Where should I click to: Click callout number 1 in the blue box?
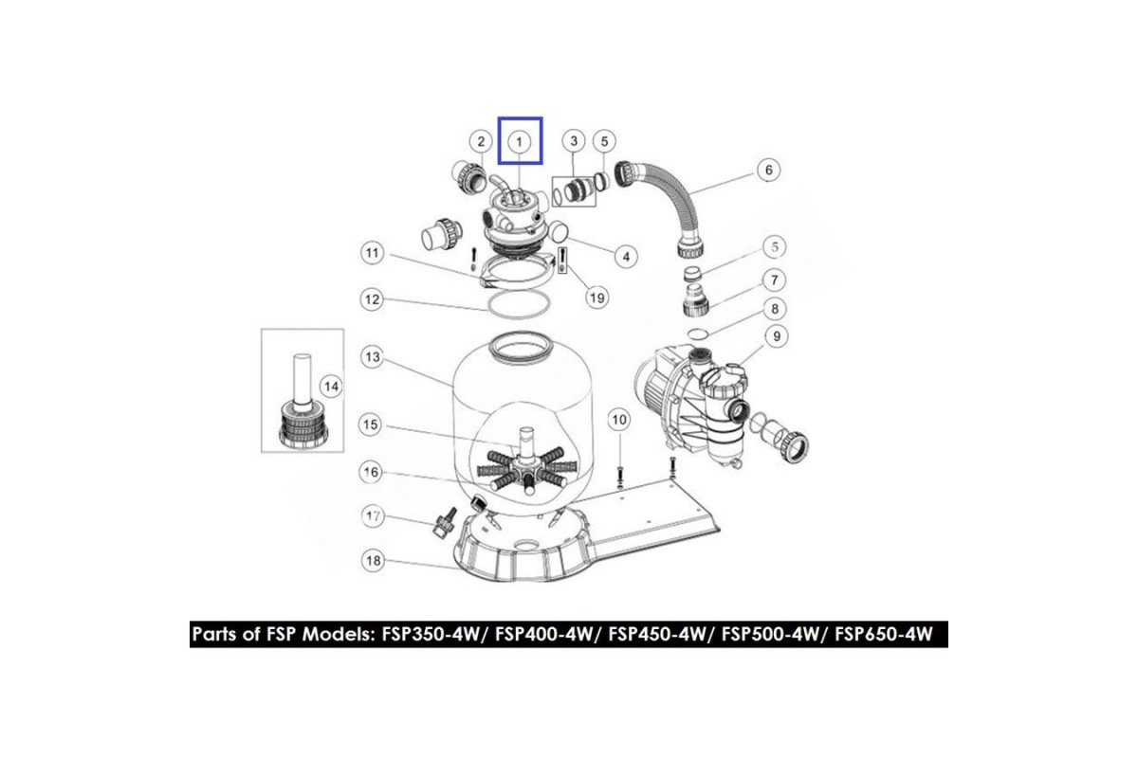[x=520, y=141]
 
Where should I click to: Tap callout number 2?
[x=481, y=141]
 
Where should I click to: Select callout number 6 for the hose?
[x=768, y=171]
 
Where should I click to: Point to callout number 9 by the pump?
[x=777, y=336]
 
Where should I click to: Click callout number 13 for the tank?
[x=373, y=357]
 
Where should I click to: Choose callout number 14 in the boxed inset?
[x=331, y=387]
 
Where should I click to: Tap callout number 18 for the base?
[x=373, y=561]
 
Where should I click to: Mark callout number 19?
[x=597, y=298]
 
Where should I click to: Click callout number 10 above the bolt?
[x=618, y=420]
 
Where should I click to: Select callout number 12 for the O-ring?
[x=372, y=299]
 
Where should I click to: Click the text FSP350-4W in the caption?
[x=431, y=634]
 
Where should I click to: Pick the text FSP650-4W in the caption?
[x=884, y=634]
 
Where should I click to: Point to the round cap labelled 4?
[x=559, y=232]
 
